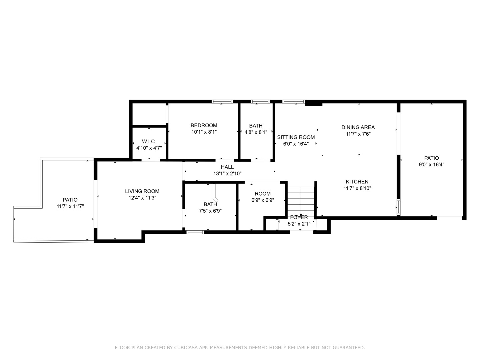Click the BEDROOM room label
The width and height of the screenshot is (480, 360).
click(x=204, y=125)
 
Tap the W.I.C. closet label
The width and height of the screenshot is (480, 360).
click(x=149, y=141)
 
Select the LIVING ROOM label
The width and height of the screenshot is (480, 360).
click(x=142, y=191)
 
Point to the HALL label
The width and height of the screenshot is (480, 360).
click(x=227, y=167)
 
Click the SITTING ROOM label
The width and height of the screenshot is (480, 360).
click(x=296, y=137)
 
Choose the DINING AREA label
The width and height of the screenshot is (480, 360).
click(x=358, y=127)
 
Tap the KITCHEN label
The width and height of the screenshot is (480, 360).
click(x=357, y=182)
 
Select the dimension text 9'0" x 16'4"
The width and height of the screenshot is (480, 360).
click(x=431, y=164)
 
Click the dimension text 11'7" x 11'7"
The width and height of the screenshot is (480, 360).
click(x=70, y=206)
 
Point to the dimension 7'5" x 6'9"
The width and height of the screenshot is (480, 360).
click(x=210, y=211)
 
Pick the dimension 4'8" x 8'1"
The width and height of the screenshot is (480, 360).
click(x=256, y=132)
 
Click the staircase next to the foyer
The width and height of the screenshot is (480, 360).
click(x=301, y=200)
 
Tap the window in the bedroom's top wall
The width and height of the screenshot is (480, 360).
click(x=222, y=102)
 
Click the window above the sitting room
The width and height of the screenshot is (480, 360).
click(x=293, y=102)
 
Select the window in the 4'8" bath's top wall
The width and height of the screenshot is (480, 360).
click(x=260, y=102)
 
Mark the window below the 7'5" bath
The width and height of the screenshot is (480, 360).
click(x=195, y=232)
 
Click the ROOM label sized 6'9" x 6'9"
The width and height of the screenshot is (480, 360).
click(x=263, y=194)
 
